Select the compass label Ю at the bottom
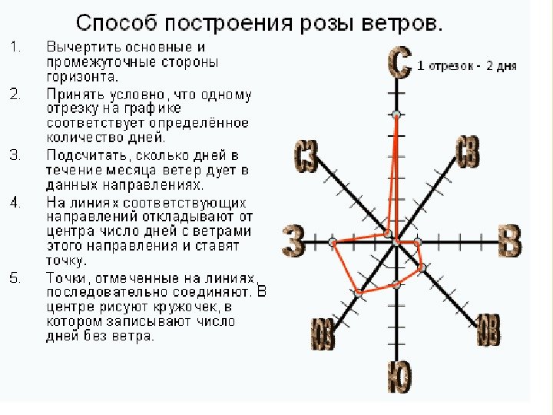coord(398,377)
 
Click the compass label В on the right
coord(510,241)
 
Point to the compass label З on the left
coord(293,241)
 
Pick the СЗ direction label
coord(306,157)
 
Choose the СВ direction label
coord(468,153)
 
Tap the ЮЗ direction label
coord(322,334)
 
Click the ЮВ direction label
coord(488,330)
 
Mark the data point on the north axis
coord(396,115)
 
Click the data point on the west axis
coord(332,242)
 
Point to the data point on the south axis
coord(396,284)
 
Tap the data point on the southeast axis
coord(422,267)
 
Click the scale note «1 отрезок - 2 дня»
coord(466,66)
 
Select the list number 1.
coord(15,47)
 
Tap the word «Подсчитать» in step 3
coord(83,155)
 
